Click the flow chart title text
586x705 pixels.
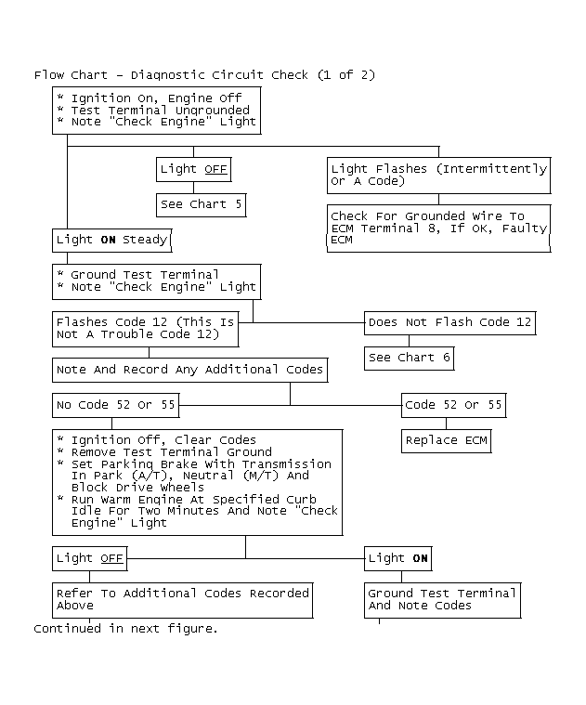(x=204, y=74)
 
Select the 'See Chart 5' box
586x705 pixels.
(x=201, y=205)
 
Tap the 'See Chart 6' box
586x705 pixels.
(x=409, y=359)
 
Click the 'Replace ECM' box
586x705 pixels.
(x=447, y=440)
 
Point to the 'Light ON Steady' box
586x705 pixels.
(x=111, y=241)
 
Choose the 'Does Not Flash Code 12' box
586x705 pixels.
(x=449, y=323)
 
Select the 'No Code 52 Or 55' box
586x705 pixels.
(x=115, y=406)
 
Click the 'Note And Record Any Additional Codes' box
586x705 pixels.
(x=189, y=370)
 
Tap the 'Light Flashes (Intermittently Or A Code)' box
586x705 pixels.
(x=438, y=176)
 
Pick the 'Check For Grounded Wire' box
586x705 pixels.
(x=438, y=228)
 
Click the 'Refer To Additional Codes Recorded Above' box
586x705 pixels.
(x=182, y=600)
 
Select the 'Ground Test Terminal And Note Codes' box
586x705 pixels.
(x=442, y=600)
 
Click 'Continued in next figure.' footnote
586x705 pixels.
(x=125, y=629)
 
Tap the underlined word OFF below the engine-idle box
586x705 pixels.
(x=111, y=558)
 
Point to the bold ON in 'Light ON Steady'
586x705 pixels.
(x=108, y=240)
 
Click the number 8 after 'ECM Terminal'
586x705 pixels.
(x=432, y=228)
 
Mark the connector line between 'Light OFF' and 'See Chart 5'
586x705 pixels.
(x=194, y=188)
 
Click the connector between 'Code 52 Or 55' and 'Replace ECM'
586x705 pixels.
(x=447, y=424)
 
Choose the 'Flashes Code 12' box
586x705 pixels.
(x=145, y=329)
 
